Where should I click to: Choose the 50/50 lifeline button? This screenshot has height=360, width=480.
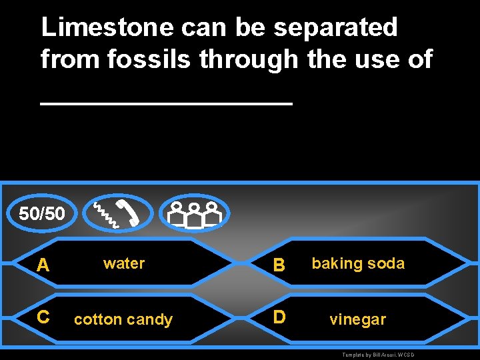pyautogui.click(x=42, y=214)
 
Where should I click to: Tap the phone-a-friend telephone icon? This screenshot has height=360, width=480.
pyautogui.click(x=117, y=213)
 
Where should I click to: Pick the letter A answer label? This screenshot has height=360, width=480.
pyautogui.click(x=43, y=265)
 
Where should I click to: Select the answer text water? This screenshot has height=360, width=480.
pyautogui.click(x=124, y=263)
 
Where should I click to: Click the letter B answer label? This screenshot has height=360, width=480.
pyautogui.click(x=279, y=265)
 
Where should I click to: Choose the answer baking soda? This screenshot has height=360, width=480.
pyautogui.click(x=358, y=263)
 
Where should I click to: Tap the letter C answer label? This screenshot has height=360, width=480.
pyautogui.click(x=43, y=317)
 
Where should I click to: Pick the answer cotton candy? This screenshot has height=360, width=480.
pyautogui.click(x=123, y=319)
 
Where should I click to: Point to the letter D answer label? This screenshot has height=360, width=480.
pyautogui.click(x=279, y=317)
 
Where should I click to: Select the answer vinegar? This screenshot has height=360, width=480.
pyautogui.click(x=358, y=319)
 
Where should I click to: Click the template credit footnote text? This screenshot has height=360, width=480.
pyautogui.click(x=378, y=355)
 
